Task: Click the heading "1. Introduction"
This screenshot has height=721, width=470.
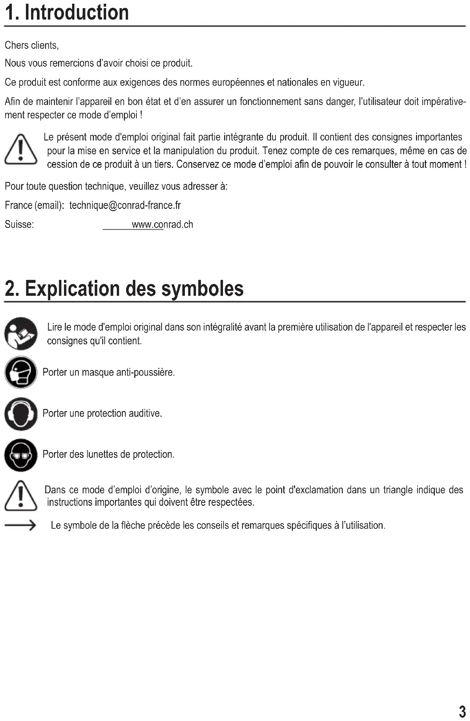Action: pos(67,13)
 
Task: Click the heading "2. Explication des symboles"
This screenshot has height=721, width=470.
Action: pos(124,289)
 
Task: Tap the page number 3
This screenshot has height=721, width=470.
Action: pos(462,711)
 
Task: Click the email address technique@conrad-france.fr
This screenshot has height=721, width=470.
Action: pos(125,206)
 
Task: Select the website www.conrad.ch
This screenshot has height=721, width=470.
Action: pos(162,225)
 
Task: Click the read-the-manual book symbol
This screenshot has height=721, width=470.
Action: pos(21,334)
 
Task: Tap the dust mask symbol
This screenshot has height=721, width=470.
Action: pos(21,372)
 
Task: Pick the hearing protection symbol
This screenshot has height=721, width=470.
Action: pos(21,414)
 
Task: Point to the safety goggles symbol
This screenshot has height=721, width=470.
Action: pos(21,455)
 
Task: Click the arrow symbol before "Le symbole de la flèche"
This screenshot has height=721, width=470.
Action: pos(20,525)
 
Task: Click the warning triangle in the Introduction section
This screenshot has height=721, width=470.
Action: pos(21,150)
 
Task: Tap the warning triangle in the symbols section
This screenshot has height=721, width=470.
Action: pos(21,496)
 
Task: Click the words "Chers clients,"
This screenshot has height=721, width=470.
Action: pos(32,45)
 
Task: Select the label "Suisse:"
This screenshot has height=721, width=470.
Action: pos(19,225)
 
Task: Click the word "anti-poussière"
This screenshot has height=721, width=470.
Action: pos(145,372)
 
